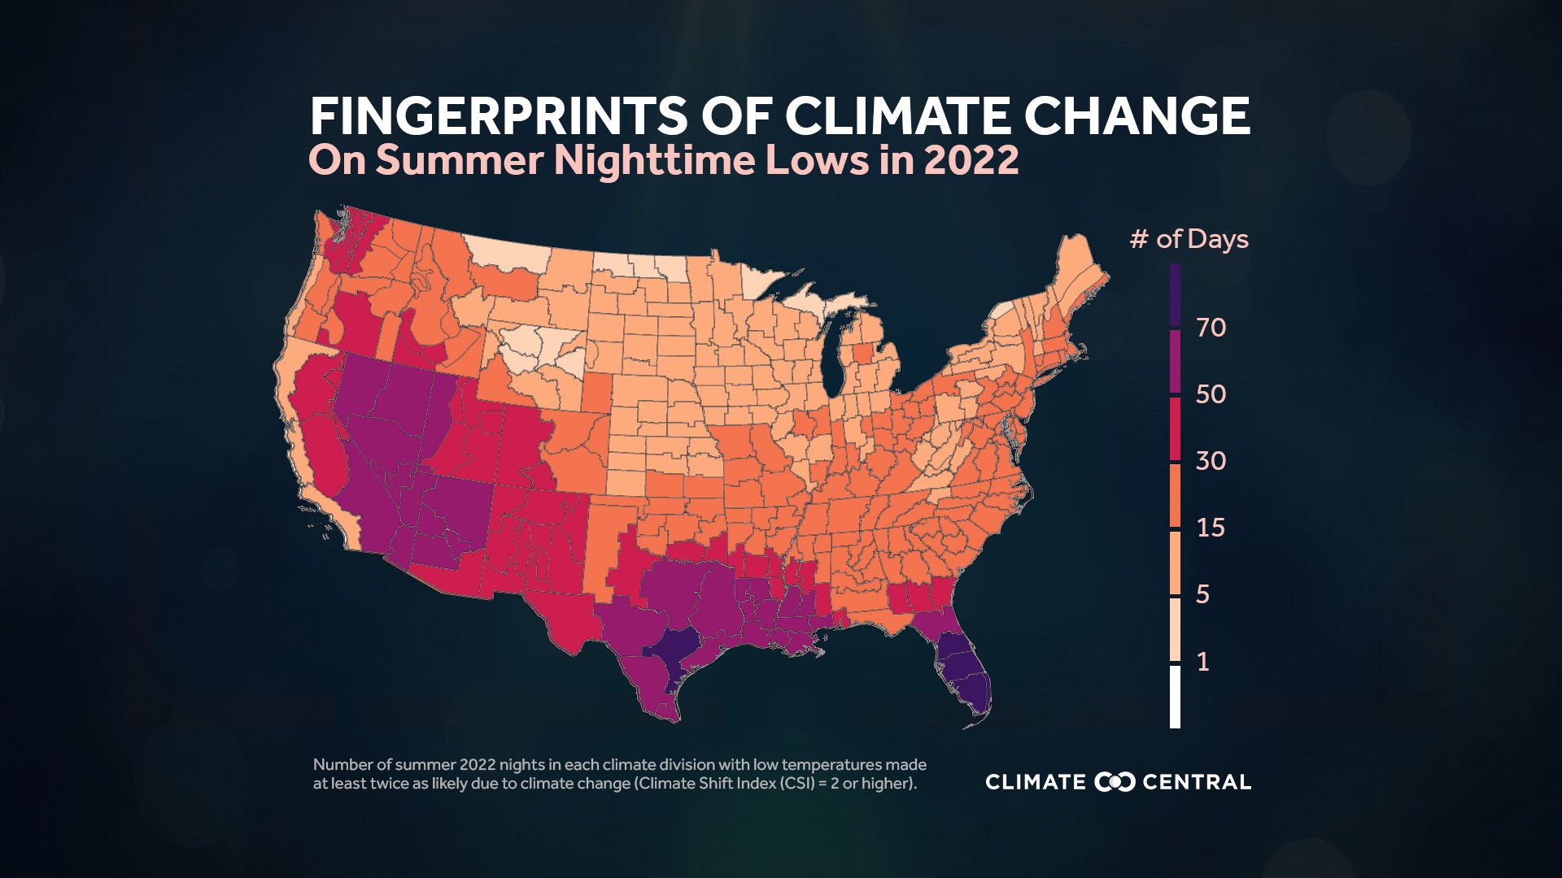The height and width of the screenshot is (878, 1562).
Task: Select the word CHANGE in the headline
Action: click(x=1137, y=116)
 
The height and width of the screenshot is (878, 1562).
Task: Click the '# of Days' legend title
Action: click(x=1189, y=239)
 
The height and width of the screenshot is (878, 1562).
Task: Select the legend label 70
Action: click(x=1211, y=328)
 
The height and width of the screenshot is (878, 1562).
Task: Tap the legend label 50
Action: click(x=1211, y=394)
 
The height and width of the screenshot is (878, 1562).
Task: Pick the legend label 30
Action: click(x=1211, y=461)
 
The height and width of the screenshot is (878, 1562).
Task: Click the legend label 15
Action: click(x=1211, y=528)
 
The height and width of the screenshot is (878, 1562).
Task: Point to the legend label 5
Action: click(x=1203, y=594)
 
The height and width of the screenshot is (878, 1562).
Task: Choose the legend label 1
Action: click(x=1203, y=661)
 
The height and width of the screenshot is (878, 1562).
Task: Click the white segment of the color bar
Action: click(x=1175, y=697)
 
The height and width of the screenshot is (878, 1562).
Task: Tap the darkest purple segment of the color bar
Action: click(x=1175, y=295)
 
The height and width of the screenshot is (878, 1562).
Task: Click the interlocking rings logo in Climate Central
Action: click(x=1115, y=782)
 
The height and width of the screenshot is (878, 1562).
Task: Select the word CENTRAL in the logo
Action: click(x=1197, y=782)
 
